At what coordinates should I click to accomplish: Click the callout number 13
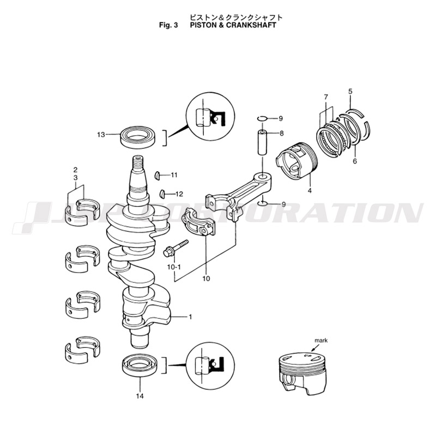[101, 134]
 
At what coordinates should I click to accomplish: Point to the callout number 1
[190, 317]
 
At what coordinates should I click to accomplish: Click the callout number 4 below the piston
[310, 191]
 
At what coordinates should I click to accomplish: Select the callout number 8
[281, 133]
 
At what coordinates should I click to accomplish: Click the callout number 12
[179, 193]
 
